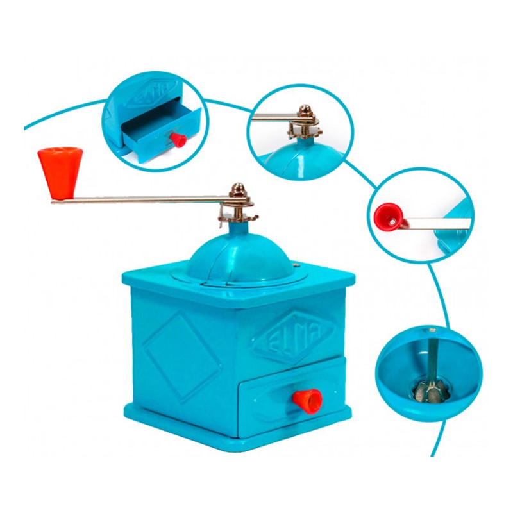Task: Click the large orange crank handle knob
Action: (60, 172)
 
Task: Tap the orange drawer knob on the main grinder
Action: (308, 401)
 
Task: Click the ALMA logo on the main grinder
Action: (294, 337)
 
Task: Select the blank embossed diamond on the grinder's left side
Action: (183, 357)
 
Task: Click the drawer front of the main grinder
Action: (292, 398)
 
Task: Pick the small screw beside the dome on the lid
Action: (296, 265)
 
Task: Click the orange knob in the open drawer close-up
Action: (179, 140)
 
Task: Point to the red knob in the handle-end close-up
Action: (389, 217)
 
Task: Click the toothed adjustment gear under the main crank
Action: (239, 217)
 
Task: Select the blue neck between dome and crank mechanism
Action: (238, 228)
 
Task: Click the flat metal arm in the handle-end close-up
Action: (437, 223)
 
